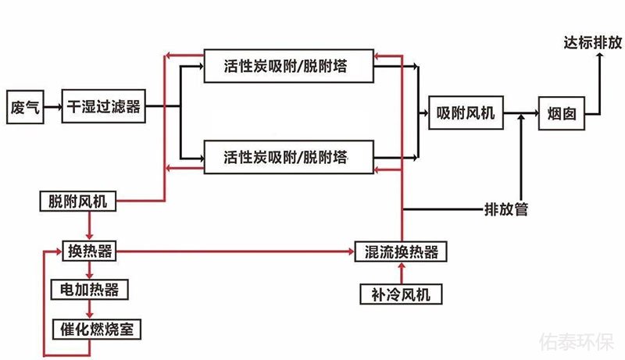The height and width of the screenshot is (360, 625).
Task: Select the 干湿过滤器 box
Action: (x=104, y=107)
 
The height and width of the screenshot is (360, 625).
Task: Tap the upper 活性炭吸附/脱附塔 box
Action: (x=287, y=67)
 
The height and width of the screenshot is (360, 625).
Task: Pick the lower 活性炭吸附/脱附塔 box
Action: (x=287, y=156)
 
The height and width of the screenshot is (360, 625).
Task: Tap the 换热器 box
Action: (x=90, y=251)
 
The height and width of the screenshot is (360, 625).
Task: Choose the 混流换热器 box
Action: (x=401, y=251)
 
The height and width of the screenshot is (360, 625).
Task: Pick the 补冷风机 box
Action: (x=401, y=294)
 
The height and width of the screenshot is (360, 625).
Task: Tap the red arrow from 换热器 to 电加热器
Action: (x=90, y=271)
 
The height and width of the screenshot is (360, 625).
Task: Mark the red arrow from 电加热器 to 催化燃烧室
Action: (x=90, y=309)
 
